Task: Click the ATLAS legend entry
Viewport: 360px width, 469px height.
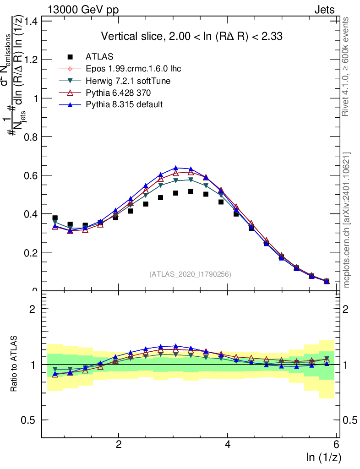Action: point(97,57)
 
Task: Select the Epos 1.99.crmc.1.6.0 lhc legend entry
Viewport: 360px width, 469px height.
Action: point(133,69)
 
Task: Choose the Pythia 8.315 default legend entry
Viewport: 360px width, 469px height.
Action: point(124,105)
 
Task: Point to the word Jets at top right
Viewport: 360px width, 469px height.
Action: point(324,10)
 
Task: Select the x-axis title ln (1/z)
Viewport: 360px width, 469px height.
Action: point(324,457)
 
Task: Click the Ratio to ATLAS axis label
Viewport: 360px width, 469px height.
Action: point(15,364)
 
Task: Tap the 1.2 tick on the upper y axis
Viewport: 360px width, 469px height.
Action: point(31,60)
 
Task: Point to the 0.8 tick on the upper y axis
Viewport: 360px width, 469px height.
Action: point(31,137)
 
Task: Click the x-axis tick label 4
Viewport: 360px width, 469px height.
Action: point(228,445)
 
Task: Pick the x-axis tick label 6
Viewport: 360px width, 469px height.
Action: point(336,445)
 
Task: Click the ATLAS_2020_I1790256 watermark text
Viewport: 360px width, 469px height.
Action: point(190,274)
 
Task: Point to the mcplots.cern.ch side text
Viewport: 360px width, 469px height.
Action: point(347,220)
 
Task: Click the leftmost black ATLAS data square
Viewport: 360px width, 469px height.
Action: point(55,218)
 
